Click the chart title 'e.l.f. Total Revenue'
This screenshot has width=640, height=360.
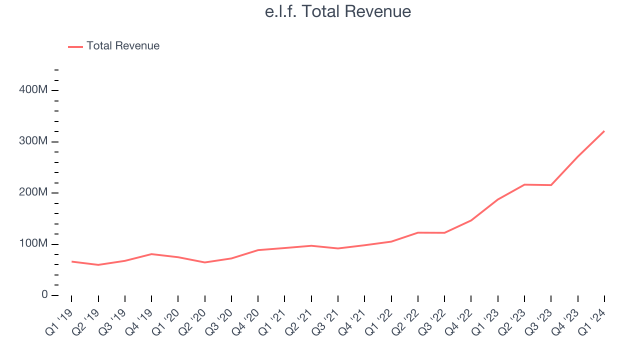tap(338, 11)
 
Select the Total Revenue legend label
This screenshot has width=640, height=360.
tap(123, 46)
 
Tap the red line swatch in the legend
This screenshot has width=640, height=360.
tap(75, 46)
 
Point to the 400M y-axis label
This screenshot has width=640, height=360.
tap(33, 90)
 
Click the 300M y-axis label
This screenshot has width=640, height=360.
tap(33, 141)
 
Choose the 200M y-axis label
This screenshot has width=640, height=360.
tap(33, 192)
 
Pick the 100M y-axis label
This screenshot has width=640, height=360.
tap(33, 244)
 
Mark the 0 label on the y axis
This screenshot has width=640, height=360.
tap(44, 295)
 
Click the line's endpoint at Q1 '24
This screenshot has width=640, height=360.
tap(604, 131)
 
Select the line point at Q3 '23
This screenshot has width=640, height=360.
tap(551, 185)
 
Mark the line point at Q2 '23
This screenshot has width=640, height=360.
tap(524, 184)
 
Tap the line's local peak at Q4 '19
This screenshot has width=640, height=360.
tap(151, 254)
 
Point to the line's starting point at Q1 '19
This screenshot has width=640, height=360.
tap(71, 261)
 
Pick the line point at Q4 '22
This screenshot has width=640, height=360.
tap(471, 220)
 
